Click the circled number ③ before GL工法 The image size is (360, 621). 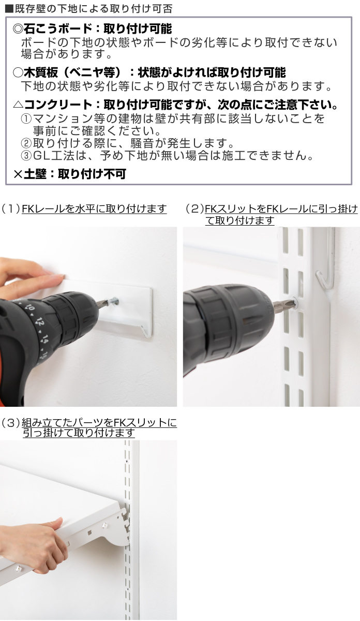tap(26, 155)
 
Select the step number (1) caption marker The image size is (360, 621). tap(10, 209)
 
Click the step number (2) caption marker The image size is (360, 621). tap(195, 209)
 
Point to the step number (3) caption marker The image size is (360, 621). tap(10, 423)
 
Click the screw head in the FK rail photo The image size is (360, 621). tap(114, 300)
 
